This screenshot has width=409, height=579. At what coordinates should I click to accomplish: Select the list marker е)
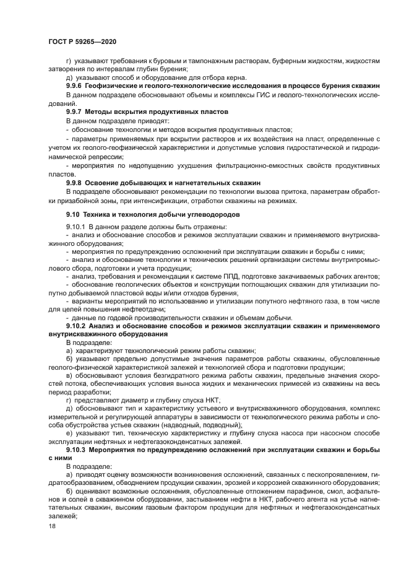coord(69,433)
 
